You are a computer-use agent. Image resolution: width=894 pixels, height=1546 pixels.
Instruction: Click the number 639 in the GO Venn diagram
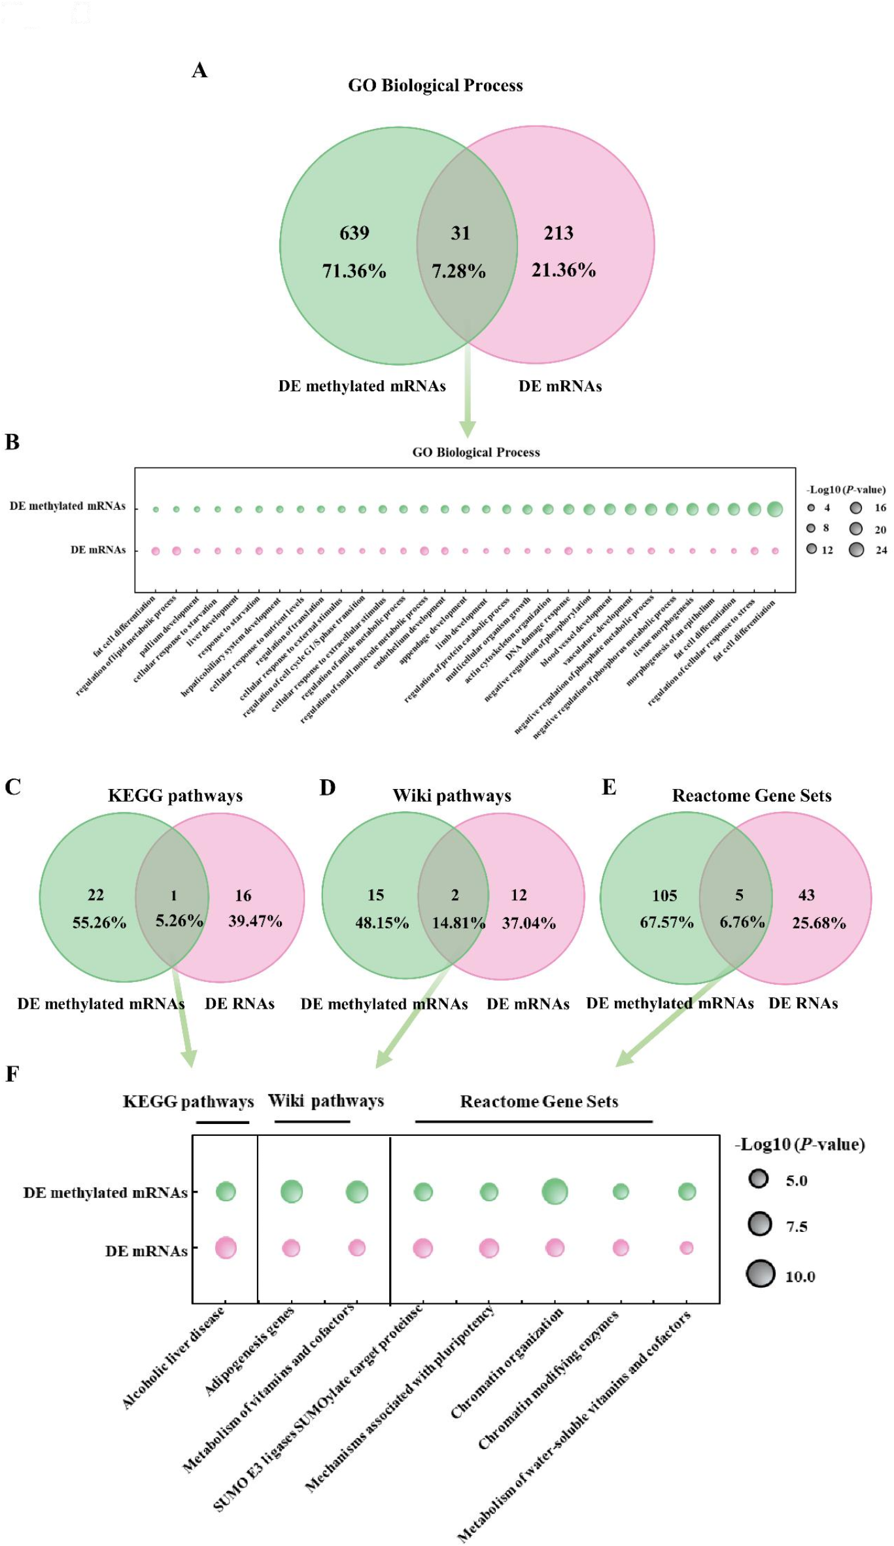point(354,233)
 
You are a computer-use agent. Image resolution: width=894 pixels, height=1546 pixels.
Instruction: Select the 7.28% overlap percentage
point(458,271)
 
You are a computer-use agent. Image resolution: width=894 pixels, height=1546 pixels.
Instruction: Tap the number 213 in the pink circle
point(559,233)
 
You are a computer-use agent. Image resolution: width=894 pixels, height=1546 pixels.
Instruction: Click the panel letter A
point(199,70)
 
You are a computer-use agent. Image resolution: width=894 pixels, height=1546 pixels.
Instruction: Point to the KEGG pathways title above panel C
point(175,796)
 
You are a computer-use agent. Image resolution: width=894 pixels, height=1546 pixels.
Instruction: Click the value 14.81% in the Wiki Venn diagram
point(458,923)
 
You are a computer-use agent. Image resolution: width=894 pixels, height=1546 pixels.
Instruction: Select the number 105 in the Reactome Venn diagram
point(664,896)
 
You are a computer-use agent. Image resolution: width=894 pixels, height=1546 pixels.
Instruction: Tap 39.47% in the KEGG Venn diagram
point(255,921)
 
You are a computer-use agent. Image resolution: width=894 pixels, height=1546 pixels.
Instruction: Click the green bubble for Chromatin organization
point(555,1191)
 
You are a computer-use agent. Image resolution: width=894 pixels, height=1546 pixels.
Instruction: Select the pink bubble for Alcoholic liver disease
point(226,1248)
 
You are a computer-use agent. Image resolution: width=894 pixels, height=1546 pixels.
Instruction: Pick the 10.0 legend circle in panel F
point(761,1274)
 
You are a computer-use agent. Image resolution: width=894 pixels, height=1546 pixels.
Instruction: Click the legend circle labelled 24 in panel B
point(856,550)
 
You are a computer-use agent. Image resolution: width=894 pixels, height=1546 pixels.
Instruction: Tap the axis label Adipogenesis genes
point(250,1350)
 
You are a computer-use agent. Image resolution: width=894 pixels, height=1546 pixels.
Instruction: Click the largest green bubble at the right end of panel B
point(775,509)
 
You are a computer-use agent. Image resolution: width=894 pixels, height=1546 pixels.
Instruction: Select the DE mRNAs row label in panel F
point(146,1251)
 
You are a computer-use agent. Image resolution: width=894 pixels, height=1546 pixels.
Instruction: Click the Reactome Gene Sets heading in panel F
point(539,1102)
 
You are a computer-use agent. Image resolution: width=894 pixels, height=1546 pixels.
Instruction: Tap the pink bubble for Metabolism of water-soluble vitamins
point(686,1248)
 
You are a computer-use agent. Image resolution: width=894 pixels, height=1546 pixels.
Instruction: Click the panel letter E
point(609,787)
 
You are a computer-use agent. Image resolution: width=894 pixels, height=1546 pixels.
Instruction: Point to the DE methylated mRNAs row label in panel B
point(67,506)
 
